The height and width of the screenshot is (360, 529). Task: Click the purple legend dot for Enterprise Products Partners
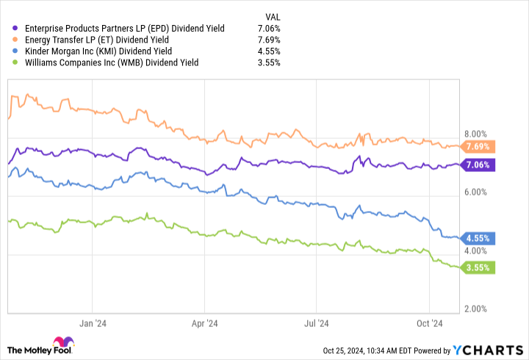16,29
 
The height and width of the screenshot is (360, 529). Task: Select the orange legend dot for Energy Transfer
16,40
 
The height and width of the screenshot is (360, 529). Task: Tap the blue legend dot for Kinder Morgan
16,51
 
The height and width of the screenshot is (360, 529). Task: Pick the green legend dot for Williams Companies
16,62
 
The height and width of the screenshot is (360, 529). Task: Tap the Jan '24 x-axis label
92,322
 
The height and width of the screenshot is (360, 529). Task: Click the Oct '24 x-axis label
429,322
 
